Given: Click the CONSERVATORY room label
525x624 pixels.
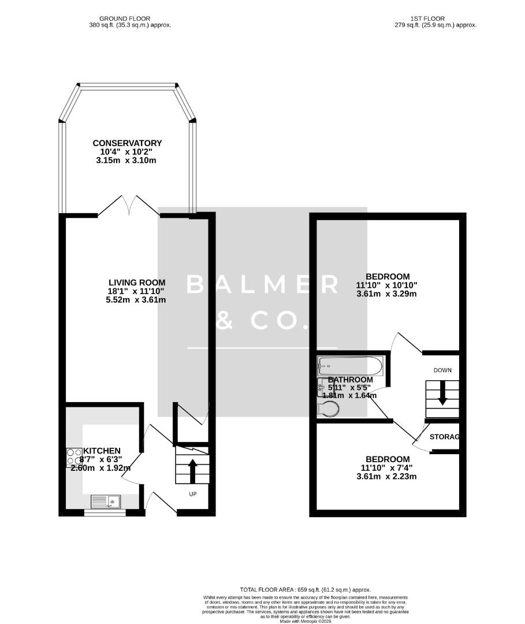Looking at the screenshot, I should pyautogui.click(x=128, y=143).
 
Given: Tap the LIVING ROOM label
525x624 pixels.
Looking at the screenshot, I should pyautogui.click(x=133, y=283).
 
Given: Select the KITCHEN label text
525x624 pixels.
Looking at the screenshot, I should pyautogui.click(x=102, y=451).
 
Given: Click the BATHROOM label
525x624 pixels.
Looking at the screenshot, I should pyautogui.click(x=350, y=380).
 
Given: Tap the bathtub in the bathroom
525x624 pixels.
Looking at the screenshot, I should pyautogui.click(x=349, y=365).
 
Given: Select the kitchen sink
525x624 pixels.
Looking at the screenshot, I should pyautogui.click(x=105, y=501).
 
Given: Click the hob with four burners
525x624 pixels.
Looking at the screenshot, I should pyautogui.click(x=75, y=457).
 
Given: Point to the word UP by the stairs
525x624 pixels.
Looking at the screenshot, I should pyautogui.click(x=193, y=495).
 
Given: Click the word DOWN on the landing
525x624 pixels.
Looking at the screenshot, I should pyautogui.click(x=442, y=370).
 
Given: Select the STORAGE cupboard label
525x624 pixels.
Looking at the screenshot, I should pyautogui.click(x=445, y=437).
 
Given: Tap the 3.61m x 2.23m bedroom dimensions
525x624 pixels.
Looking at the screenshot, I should pyautogui.click(x=386, y=477).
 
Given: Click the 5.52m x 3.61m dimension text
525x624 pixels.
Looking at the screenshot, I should pyautogui.click(x=133, y=300).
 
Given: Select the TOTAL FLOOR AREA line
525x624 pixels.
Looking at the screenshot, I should pyautogui.click(x=305, y=589).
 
